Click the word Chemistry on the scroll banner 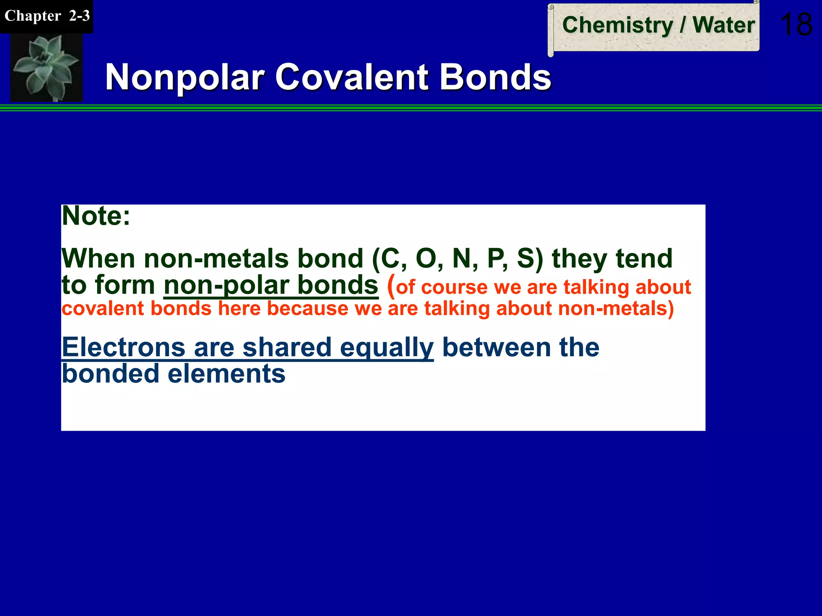click(x=617, y=25)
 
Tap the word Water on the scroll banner click(x=724, y=25)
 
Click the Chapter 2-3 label click(x=47, y=16)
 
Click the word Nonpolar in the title click(x=185, y=77)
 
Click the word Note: click(x=96, y=216)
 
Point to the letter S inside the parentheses click(x=526, y=259)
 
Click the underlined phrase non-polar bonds click(x=271, y=285)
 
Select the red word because click(x=308, y=309)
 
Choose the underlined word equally click(x=387, y=347)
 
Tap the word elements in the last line click(x=226, y=374)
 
